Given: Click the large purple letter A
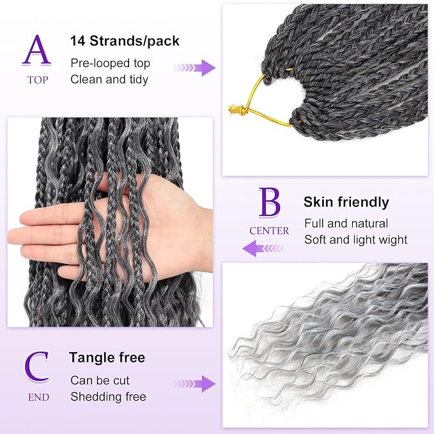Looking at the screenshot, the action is click(x=36, y=50).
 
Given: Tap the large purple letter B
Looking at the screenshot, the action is click(x=270, y=202).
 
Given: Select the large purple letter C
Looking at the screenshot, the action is click(x=37, y=367).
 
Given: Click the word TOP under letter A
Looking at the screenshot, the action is click(x=38, y=80).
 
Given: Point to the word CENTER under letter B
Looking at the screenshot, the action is click(x=269, y=231).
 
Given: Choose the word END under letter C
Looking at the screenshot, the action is click(x=38, y=398).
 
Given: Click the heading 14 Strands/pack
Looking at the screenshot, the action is click(x=125, y=41).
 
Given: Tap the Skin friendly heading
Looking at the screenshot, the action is click(x=346, y=202).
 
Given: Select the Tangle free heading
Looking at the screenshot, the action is click(x=107, y=357).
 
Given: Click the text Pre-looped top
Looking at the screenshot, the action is click(x=110, y=63).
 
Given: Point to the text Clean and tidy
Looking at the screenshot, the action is click(x=109, y=79).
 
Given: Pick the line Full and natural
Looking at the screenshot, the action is click(x=346, y=223).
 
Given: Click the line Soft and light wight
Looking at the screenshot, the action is click(x=355, y=240).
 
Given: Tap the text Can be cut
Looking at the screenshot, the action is click(x=100, y=380).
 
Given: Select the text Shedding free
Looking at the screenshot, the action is click(x=108, y=397).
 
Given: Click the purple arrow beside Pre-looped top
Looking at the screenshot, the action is click(x=195, y=68).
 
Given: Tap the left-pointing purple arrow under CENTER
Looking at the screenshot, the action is click(x=263, y=248).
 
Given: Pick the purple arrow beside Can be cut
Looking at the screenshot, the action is click(x=195, y=384).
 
